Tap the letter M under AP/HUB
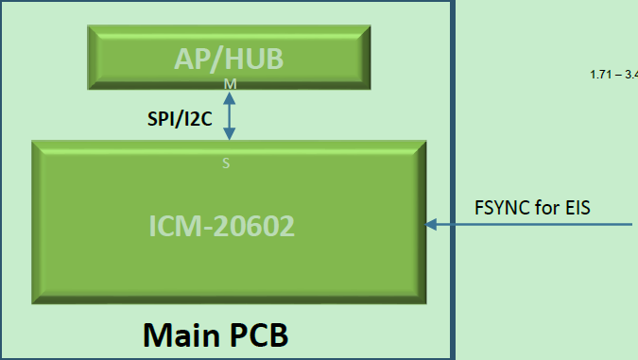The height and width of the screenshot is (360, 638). coord(229,85)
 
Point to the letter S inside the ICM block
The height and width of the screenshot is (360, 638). coord(225,163)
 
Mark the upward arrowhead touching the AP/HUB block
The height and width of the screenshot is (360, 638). coord(228,94)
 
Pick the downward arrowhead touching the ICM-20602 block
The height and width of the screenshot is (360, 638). coord(228,134)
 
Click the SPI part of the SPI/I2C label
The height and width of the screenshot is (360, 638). coord(161,119)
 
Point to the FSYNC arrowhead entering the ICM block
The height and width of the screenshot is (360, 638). coord(432,225)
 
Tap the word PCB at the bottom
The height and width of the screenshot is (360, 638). coord(256,334)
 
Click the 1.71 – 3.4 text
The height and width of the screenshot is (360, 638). coord(613,75)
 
